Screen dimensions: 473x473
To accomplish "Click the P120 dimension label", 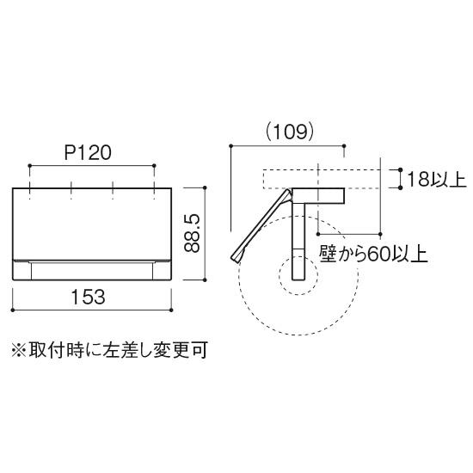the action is pyautogui.click(x=88, y=152).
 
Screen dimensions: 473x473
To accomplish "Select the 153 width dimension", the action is pyautogui.click(x=88, y=297).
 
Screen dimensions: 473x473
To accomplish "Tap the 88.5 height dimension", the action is pyautogui.click(x=192, y=233).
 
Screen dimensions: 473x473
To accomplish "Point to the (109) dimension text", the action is pyautogui.click(x=290, y=132).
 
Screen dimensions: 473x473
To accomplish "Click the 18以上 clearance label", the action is pyautogui.click(x=437, y=179).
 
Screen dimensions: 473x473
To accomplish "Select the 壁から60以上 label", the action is pyautogui.click(x=373, y=254).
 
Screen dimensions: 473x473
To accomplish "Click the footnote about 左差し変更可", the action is pyautogui.click(x=109, y=350).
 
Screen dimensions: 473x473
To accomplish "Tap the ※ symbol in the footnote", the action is pyautogui.click(x=19, y=350).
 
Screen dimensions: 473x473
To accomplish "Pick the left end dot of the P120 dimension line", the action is pyautogui.click(x=29, y=166).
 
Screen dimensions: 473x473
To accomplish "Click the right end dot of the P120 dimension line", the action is pyautogui.click(x=155, y=166).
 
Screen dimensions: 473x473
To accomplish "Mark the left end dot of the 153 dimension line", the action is pyautogui.click(x=12, y=310).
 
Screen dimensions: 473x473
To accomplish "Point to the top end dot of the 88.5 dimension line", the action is pyautogui.click(x=205, y=187).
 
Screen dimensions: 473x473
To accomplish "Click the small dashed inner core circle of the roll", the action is pyautogui.click(x=298, y=275).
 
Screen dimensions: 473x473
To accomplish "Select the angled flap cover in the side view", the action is pyautogui.click(x=261, y=225).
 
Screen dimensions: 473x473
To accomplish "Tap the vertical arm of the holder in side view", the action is pyautogui.click(x=298, y=241).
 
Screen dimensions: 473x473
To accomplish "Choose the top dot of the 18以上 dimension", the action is pyautogui.click(x=400, y=170).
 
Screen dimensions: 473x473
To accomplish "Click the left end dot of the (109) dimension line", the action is pyautogui.click(x=231, y=146).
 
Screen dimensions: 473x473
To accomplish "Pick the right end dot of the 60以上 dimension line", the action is pyautogui.click(x=380, y=234).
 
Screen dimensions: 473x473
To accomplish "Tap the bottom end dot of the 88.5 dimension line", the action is pyautogui.click(x=205, y=280).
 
